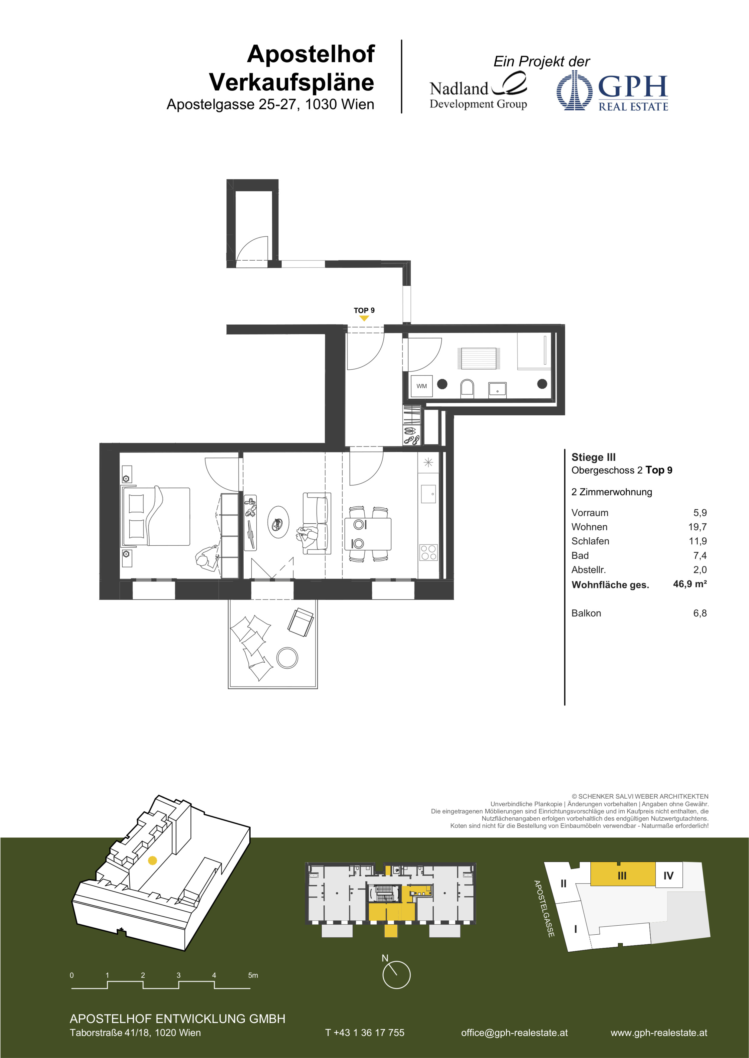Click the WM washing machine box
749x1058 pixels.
point(422,386)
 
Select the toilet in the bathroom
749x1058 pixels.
point(467,388)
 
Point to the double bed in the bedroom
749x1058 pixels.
point(156,516)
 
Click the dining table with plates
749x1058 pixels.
point(368,534)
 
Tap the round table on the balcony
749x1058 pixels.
point(287,657)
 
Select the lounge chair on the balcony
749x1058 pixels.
point(301,622)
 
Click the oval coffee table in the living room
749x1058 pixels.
point(279,522)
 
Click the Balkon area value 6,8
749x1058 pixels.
point(700,613)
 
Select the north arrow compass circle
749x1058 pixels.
point(396,975)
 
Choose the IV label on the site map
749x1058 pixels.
point(668,875)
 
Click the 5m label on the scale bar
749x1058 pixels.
point(253,975)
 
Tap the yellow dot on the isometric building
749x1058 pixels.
point(153,860)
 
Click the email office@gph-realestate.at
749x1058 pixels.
point(514,1033)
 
